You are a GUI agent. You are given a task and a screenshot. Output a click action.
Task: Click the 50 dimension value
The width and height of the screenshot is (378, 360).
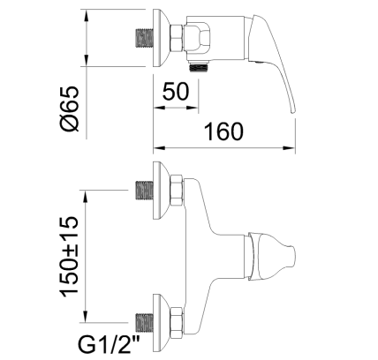pos(175,92)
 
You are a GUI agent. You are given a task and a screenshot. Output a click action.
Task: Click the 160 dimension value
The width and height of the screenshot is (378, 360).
pos(224,131)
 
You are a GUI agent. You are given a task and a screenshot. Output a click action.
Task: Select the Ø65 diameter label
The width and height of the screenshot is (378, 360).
pos(70,109)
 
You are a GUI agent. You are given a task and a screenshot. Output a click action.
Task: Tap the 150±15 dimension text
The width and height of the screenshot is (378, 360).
pos(70,257)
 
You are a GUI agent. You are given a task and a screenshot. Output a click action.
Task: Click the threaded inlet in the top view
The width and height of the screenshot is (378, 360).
pos(144,38)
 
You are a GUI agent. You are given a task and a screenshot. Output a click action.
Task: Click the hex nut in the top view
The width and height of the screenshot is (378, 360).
pos(177,38)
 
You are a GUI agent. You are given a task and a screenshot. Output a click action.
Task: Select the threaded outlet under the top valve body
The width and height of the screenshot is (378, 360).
pos(200,67)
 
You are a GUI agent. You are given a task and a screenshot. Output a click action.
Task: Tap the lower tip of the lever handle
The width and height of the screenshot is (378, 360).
pos(292,112)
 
